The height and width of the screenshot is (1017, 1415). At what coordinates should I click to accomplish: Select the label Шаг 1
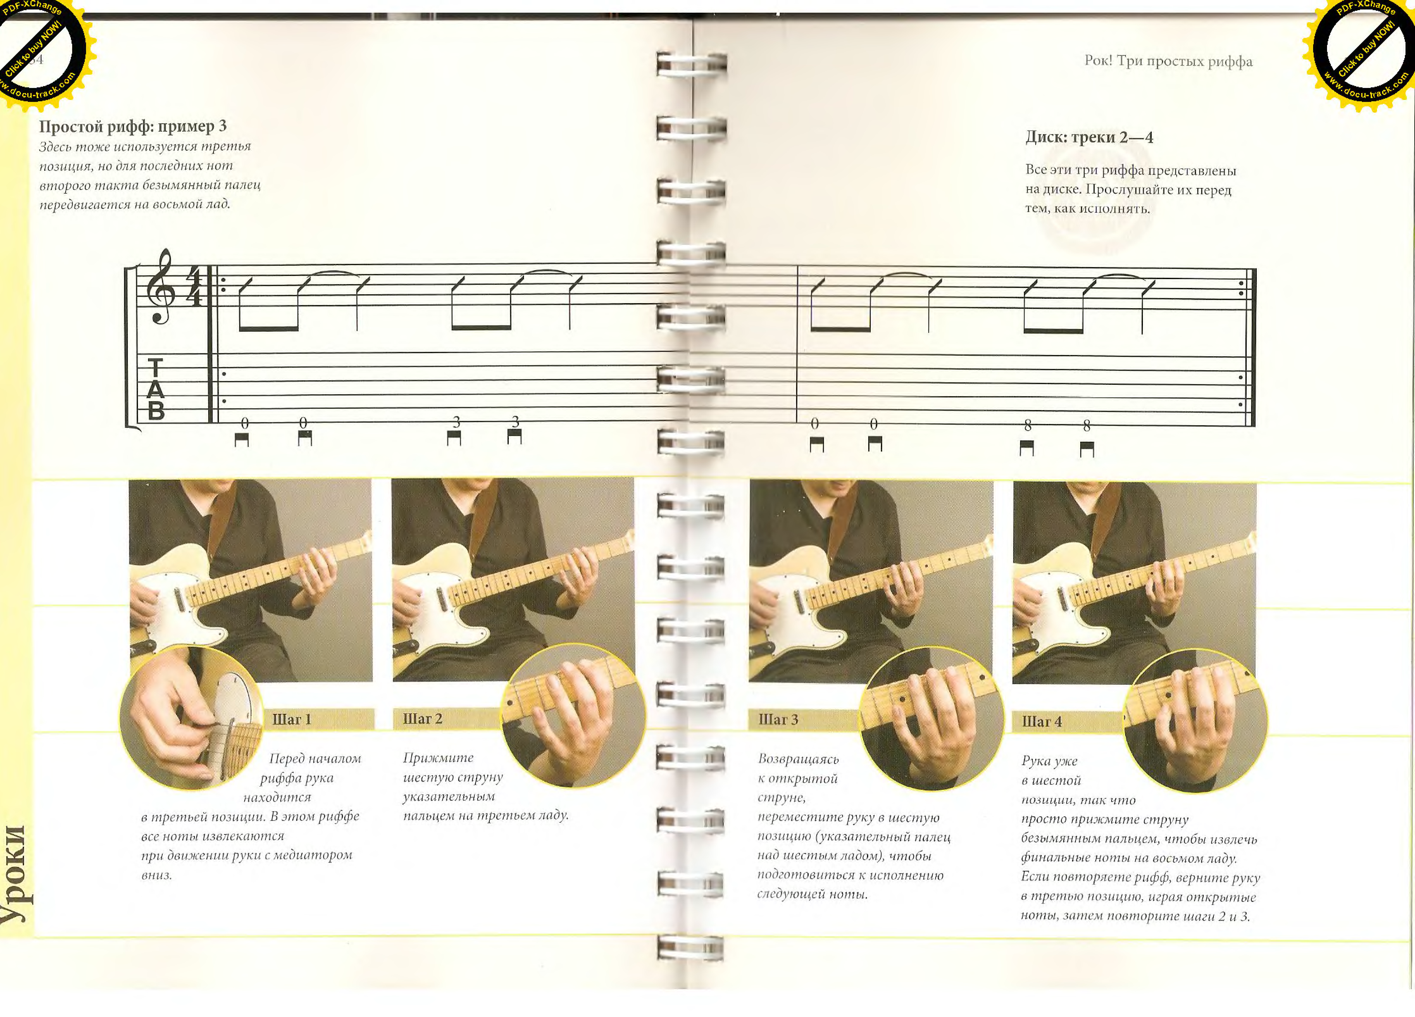tap(291, 719)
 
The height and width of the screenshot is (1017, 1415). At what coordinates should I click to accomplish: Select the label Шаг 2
tap(422, 719)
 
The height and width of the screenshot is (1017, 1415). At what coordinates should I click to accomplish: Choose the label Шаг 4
tap(1041, 722)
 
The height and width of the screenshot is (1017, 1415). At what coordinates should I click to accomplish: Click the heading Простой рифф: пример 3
tap(133, 127)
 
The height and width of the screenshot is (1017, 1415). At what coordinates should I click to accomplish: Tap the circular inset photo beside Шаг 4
tap(1195, 721)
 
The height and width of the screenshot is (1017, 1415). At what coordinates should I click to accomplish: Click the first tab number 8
tap(1028, 426)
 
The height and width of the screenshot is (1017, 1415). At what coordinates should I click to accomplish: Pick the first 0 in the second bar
tap(815, 424)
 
